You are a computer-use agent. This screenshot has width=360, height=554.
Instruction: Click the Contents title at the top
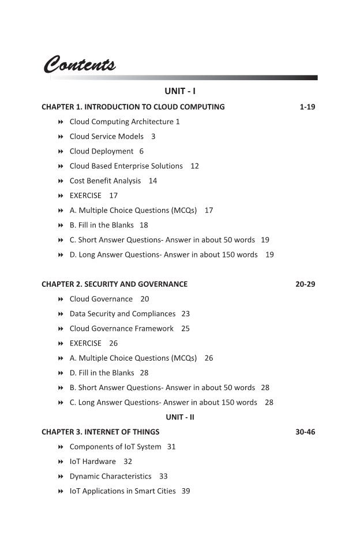[x=80, y=63]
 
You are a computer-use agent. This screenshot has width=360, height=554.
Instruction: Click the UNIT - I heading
[x=180, y=91]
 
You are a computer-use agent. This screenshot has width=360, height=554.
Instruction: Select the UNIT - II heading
[x=180, y=417]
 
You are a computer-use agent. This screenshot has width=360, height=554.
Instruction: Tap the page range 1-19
[x=307, y=107]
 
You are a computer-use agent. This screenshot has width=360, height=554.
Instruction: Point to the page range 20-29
[x=305, y=284]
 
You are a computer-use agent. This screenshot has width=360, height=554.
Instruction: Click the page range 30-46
[x=305, y=432]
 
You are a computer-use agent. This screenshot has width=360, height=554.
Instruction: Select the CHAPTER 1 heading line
[x=133, y=107]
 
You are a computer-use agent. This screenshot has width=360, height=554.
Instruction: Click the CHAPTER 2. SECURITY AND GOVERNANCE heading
[x=114, y=284]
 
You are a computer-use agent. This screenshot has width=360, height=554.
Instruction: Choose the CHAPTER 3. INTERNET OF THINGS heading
[x=100, y=432]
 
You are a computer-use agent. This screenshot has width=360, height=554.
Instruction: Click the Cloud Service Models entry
[x=107, y=137]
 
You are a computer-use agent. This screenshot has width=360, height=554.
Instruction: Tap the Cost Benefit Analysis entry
[x=105, y=181]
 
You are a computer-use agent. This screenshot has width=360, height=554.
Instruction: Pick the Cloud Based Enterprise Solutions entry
[x=126, y=166]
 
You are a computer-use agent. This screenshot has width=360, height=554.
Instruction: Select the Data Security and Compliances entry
[x=122, y=314]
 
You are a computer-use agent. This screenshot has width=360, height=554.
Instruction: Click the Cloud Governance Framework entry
[x=121, y=328]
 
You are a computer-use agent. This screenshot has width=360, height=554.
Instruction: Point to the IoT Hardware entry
[x=92, y=462]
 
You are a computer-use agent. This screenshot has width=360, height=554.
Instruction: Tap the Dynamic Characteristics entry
[x=110, y=476]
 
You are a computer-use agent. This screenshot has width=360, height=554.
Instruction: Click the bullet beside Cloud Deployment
[x=61, y=151]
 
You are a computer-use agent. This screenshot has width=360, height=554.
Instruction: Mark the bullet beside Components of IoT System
[x=61, y=447]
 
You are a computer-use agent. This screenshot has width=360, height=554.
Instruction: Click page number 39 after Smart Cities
[x=186, y=491]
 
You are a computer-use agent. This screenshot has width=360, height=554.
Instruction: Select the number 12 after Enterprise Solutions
[x=194, y=166]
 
